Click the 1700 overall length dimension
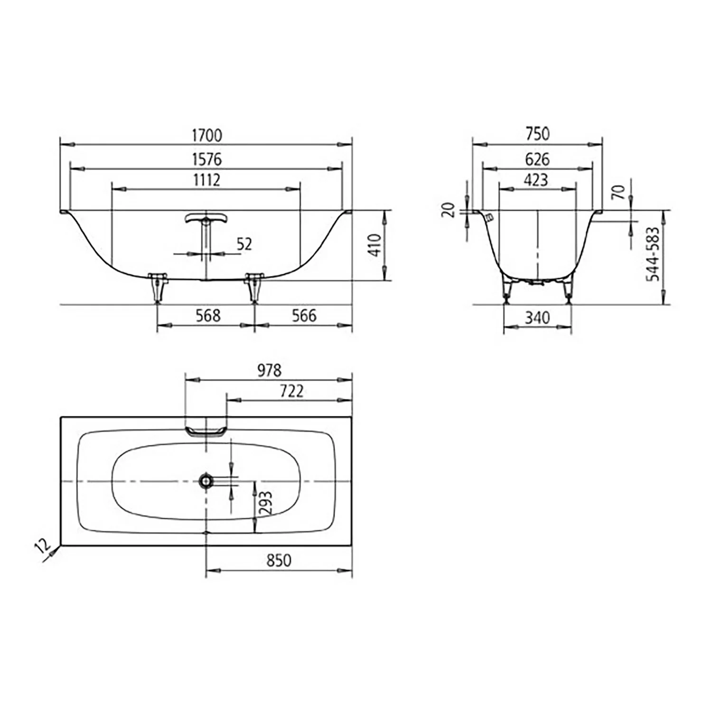[206, 135]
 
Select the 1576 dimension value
[206, 159]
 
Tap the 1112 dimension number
[206, 180]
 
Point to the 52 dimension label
[244, 244]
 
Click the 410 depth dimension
[375, 245]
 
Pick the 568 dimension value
[208, 316]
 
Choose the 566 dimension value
[304, 316]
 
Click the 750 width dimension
[537, 134]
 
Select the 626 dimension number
[537, 159]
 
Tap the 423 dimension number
[536, 180]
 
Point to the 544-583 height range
[653, 254]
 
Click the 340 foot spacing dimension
[537, 318]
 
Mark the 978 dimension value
[269, 370]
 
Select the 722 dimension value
[291, 391]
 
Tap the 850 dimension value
[279, 560]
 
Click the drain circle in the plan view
[206, 481]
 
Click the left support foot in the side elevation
[158, 288]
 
